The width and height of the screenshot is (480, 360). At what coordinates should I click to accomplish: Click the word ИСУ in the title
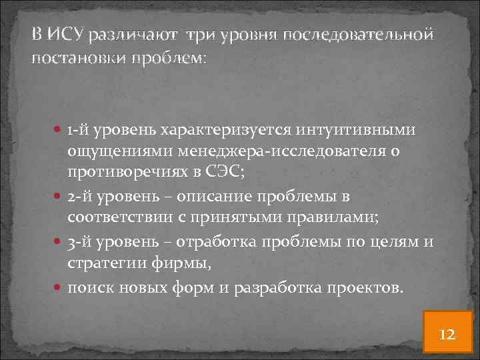[x=66, y=33]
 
